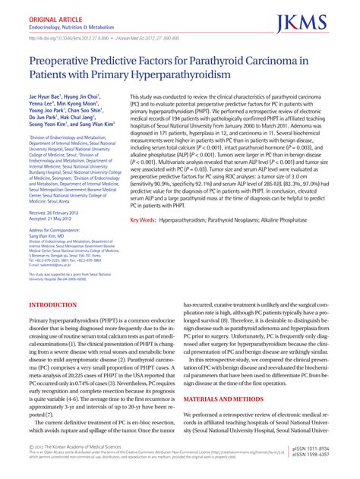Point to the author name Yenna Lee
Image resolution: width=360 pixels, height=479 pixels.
pos(47,106)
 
